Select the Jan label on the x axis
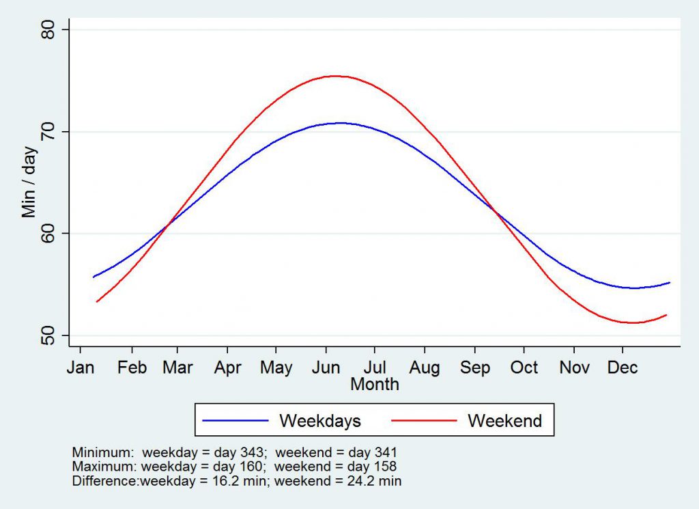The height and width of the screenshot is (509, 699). (x=81, y=368)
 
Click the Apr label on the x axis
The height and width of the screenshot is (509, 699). (x=227, y=368)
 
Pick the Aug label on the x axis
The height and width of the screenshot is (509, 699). (x=424, y=368)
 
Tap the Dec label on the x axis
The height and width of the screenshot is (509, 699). (x=623, y=368)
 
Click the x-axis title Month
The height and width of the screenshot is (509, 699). (x=374, y=384)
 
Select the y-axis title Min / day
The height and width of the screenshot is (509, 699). (x=29, y=182)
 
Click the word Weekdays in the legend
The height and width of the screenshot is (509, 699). (x=319, y=421)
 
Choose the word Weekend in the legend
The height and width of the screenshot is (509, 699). (x=504, y=421)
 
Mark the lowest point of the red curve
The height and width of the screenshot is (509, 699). (x=633, y=322)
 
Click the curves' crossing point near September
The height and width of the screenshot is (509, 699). (x=494, y=211)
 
